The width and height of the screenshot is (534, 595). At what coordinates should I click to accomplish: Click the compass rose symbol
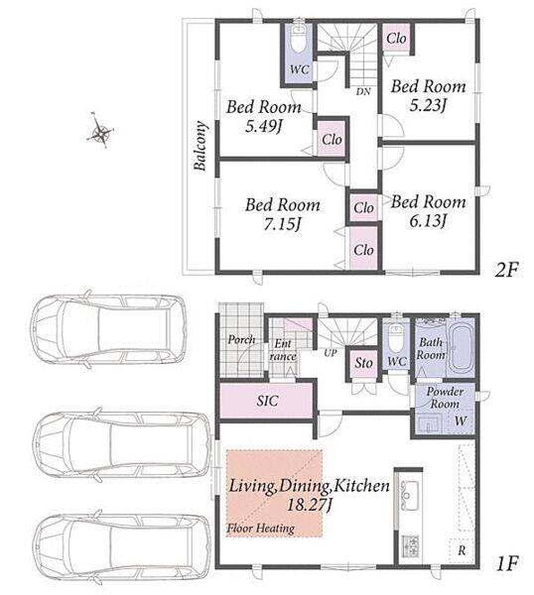pos(100,131)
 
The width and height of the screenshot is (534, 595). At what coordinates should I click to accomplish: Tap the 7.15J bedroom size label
pos(283,225)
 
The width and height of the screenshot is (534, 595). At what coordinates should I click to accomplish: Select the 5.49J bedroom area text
pos(264,126)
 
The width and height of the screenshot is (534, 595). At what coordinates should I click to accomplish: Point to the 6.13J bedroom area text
pos(428,221)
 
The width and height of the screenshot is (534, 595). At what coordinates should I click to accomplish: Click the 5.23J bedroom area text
pos(428,105)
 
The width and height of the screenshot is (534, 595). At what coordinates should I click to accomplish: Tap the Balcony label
pos(200,146)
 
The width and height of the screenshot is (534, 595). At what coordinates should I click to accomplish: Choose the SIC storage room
pos(267,401)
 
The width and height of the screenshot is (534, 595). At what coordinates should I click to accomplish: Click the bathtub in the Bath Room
pos(461,347)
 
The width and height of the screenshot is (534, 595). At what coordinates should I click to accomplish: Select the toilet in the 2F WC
pos(300,40)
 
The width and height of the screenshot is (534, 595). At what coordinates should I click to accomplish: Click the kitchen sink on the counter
pos(409,493)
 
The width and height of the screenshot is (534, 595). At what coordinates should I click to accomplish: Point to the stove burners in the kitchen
pos(411,545)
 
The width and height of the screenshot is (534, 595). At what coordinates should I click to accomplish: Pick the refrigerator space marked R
pos(462,550)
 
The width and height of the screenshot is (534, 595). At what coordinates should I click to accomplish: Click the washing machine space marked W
pos(461,421)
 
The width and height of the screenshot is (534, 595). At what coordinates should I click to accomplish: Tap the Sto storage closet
pos(363,364)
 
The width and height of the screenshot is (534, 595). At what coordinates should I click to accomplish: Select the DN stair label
pos(363,91)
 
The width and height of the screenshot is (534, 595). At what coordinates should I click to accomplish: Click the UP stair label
pos(331,352)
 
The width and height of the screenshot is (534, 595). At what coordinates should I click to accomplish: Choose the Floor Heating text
pos(260,529)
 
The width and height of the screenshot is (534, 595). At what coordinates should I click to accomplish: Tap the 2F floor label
pos(506,270)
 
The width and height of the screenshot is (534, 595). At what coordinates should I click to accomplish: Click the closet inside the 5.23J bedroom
pos(396,38)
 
